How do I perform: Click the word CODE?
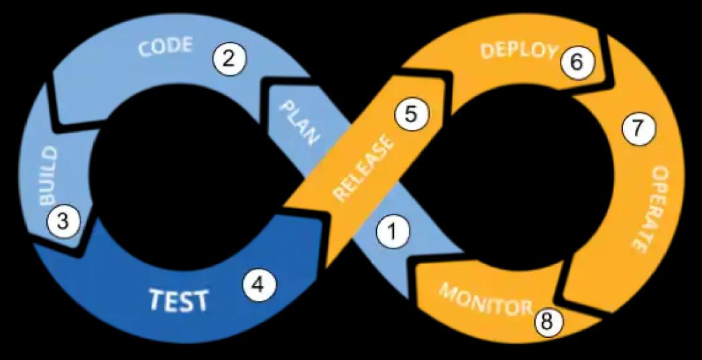tap(165, 48)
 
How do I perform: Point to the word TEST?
tap(178, 300)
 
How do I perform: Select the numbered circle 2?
tap(229, 59)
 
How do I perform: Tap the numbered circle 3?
tap(62, 221)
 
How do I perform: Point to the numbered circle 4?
tap(259, 285)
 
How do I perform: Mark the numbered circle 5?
tap(410, 115)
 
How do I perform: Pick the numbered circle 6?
tap(577, 62)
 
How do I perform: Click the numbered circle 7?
tap(636, 130)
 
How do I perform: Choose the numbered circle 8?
tap(548, 322)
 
